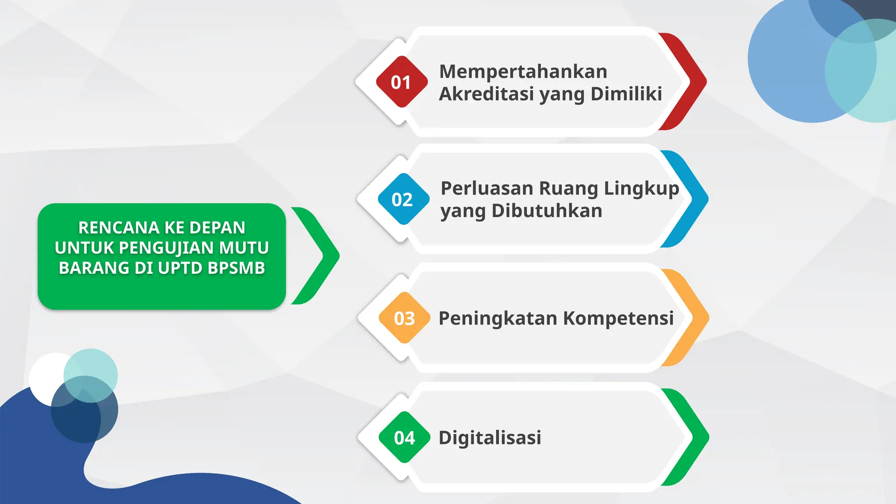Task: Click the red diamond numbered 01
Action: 402,82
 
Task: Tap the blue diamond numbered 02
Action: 403,199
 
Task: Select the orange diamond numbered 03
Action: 404,318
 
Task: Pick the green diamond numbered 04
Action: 404,437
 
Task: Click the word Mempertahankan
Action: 523,71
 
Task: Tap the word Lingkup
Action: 641,189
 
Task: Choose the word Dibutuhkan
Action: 547,210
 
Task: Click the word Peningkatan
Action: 497,318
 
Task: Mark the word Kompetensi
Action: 618,318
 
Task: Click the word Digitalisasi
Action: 490,437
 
